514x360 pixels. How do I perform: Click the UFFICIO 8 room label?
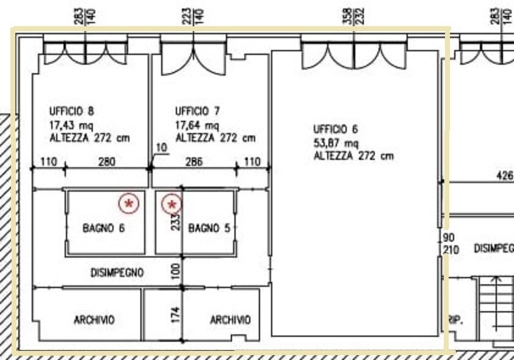click(x=71, y=112)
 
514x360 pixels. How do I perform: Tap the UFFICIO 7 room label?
click(x=197, y=112)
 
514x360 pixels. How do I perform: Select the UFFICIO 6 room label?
click(x=335, y=129)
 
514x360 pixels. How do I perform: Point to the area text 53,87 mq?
click(x=336, y=143)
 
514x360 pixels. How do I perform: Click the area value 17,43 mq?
click(x=71, y=125)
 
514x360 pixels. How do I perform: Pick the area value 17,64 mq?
click(x=197, y=125)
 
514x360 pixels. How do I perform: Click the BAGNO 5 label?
click(x=209, y=228)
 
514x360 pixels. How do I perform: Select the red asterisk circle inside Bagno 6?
click(x=129, y=203)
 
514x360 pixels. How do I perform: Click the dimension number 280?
click(x=107, y=162)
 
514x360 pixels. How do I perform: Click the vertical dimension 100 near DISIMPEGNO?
click(x=176, y=272)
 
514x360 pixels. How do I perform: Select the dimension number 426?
click(x=505, y=176)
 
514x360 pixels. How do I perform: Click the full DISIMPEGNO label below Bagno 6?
click(x=117, y=273)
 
